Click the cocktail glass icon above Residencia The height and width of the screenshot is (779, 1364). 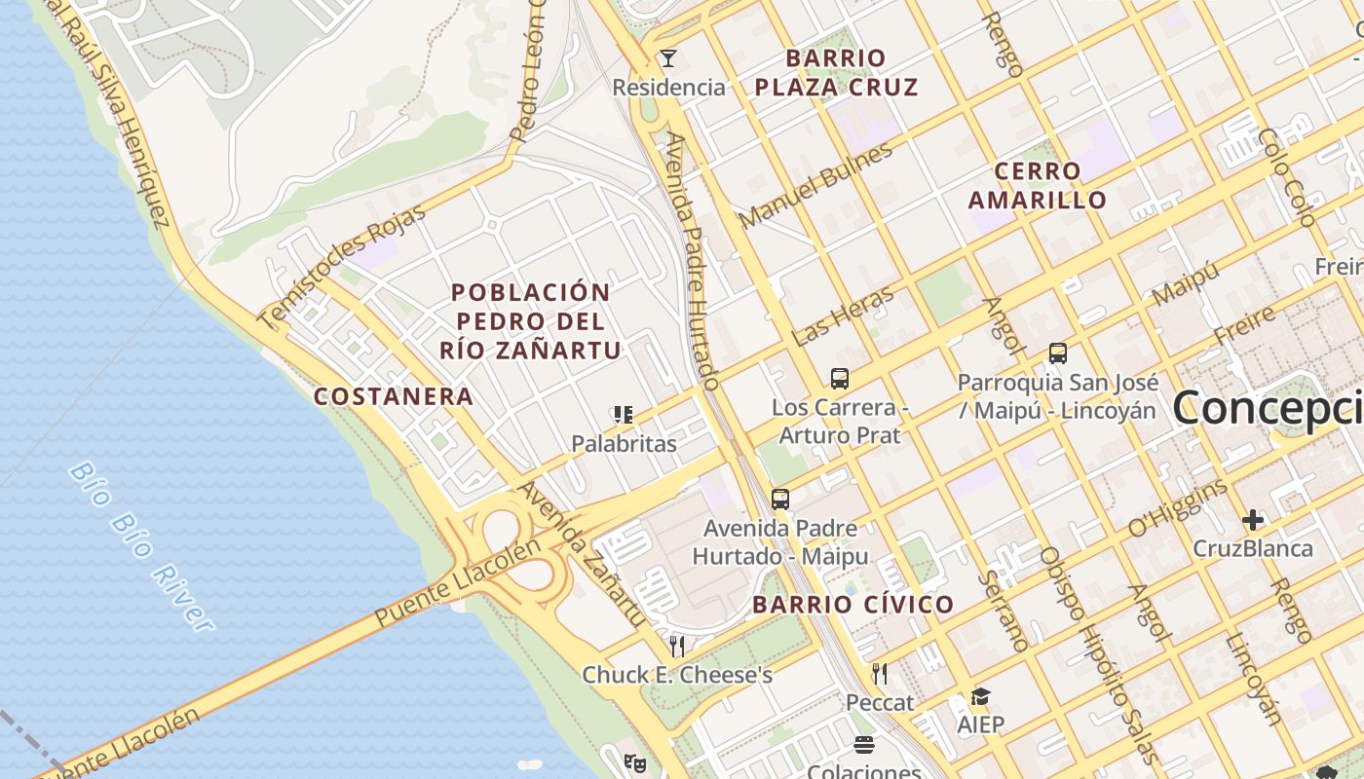pos(667,58)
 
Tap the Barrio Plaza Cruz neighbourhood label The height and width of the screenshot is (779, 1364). pos(836,73)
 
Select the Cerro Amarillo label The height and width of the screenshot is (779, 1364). pos(1050,186)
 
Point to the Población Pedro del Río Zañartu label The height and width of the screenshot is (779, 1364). pos(531,320)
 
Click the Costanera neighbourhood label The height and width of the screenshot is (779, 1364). pos(394,396)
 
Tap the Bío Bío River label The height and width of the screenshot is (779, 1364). pos(141,546)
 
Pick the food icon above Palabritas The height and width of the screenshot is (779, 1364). pos(624,416)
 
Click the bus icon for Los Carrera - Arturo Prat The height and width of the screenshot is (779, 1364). pos(839,378)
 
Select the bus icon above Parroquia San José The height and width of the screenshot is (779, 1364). pos(1058,353)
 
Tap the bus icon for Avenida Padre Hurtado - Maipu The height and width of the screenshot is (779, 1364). pos(779,500)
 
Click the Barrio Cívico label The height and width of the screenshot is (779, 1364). pos(853,604)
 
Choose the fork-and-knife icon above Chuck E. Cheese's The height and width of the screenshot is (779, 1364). pos(677,646)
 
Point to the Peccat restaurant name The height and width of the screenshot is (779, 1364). pos(880,702)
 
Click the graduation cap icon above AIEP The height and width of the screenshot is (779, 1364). pos(980,697)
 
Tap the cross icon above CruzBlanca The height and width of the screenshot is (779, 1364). pos(1253,520)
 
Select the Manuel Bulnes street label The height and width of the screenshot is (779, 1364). pos(815,185)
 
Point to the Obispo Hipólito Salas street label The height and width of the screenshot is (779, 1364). pos(1093,653)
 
